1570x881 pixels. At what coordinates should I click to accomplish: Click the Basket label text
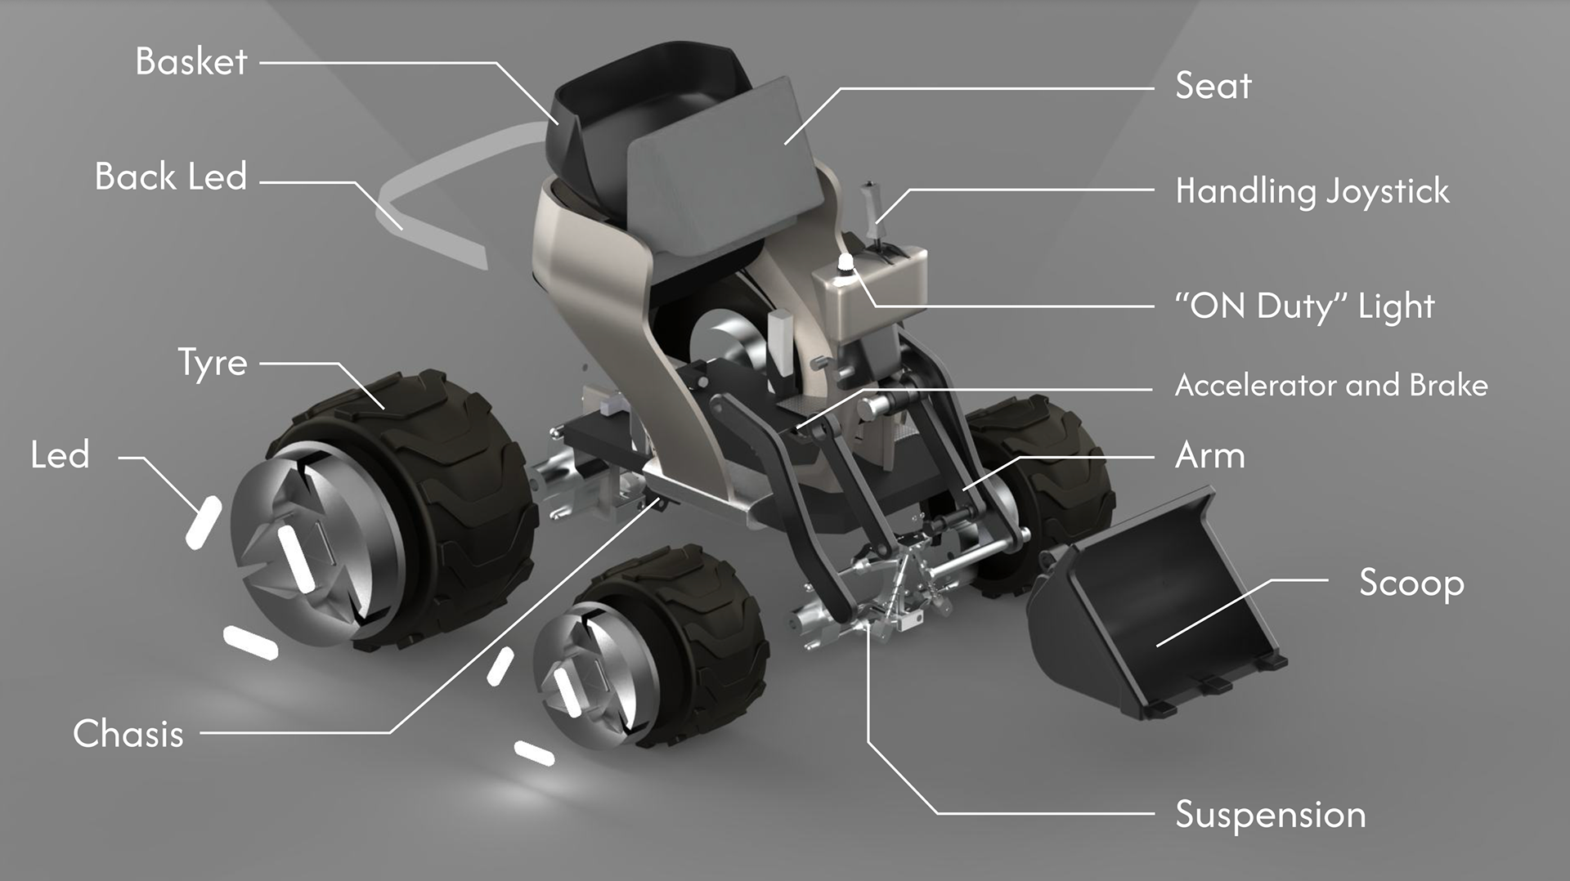[x=191, y=61]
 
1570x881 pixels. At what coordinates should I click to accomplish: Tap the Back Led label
[x=171, y=177]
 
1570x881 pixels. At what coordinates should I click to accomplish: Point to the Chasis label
[x=128, y=733]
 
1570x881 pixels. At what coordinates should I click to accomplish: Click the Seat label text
[x=1213, y=86]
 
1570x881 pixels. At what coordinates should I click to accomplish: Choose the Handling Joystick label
[x=1312, y=192]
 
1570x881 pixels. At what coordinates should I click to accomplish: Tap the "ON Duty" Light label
[x=1304, y=306]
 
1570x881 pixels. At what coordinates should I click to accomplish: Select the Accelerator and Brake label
[x=1331, y=385]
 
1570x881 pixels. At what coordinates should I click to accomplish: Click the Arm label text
[x=1210, y=455]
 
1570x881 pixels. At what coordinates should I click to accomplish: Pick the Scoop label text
[x=1411, y=584]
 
